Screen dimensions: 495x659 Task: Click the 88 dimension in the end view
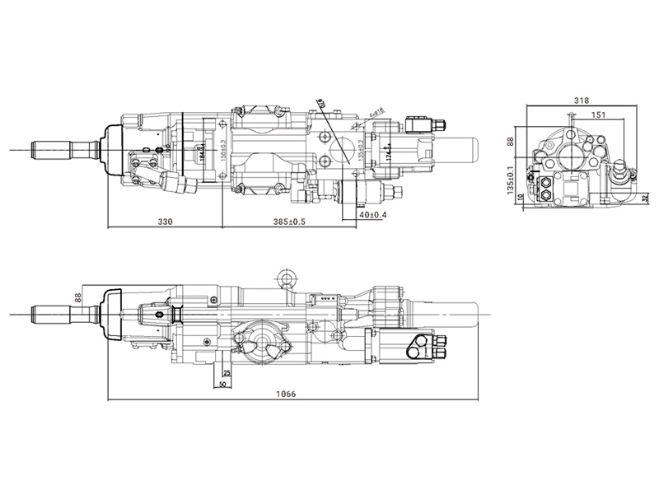pos(511,142)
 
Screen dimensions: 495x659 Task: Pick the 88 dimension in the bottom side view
pos(79,297)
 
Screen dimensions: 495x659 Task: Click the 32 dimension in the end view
pos(646,198)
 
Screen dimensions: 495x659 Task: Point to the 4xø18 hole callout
pos(377,111)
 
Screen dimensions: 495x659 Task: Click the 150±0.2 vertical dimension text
pos(224,148)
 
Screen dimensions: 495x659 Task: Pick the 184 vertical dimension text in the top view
pos(201,152)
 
